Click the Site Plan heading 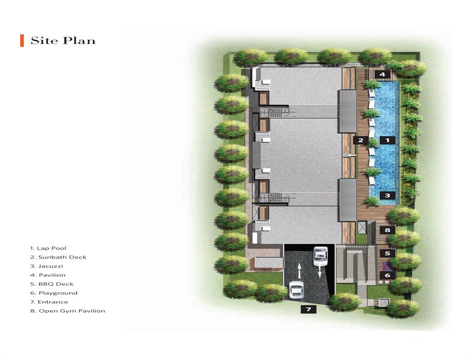63,41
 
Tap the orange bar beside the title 22,41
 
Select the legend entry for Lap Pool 48,248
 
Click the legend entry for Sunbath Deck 58,257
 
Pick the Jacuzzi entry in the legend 47,266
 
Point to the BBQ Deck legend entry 52,284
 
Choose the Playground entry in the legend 54,293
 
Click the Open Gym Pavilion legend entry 68,311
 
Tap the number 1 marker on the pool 387,140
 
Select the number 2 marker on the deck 361,140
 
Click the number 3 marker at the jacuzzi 387,195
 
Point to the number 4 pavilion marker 382,74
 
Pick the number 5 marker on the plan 387,254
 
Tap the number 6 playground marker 387,275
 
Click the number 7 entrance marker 308,309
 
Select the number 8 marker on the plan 387,230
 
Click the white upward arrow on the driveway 299,271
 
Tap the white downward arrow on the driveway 319,272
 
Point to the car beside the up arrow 296,290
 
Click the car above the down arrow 321,257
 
